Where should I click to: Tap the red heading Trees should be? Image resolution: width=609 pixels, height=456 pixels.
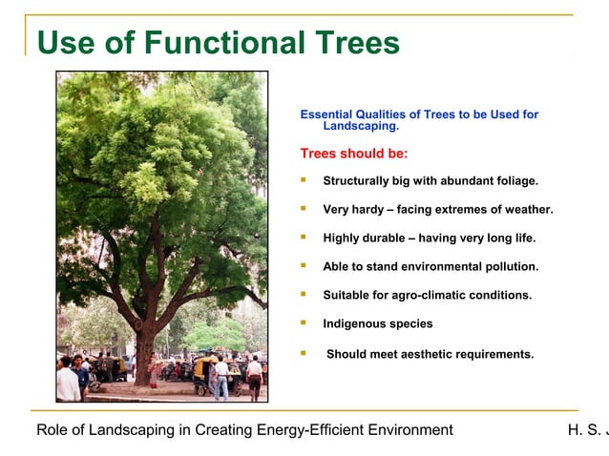click(x=353, y=154)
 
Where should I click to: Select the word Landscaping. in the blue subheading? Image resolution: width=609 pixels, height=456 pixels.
click(x=361, y=126)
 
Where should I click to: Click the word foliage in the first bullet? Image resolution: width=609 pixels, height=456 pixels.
click(x=514, y=180)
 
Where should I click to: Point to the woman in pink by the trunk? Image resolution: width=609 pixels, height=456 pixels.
click(x=152, y=366)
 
